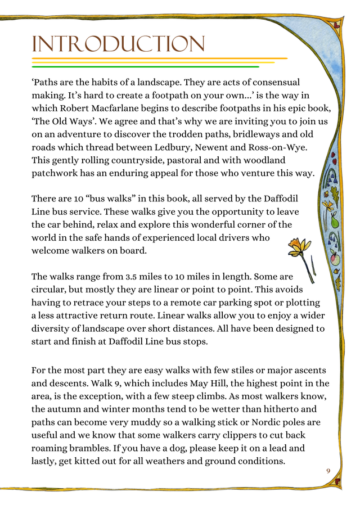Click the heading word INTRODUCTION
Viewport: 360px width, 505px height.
pos(118,44)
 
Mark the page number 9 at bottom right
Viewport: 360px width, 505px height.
pos(328,470)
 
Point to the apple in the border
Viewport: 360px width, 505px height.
pos(334,259)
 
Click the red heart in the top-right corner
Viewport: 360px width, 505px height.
pos(338,24)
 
